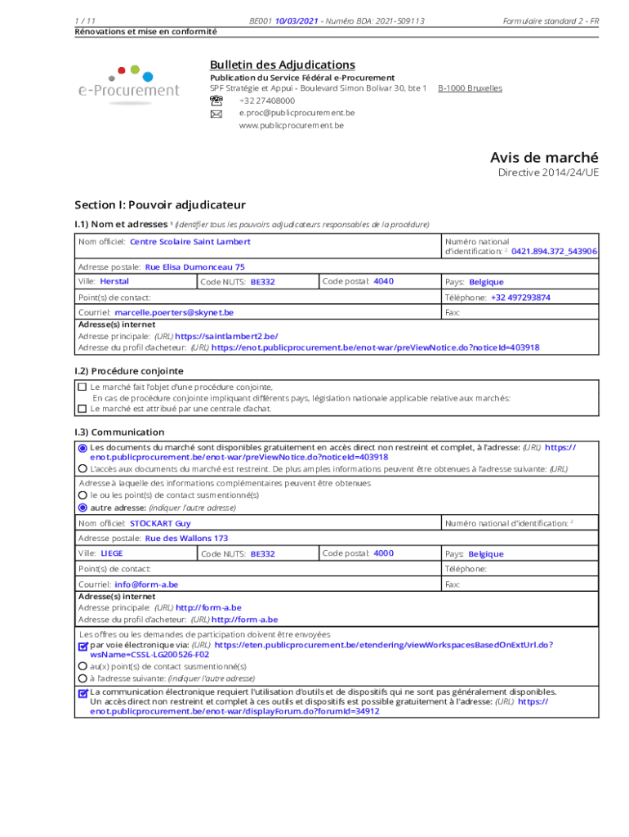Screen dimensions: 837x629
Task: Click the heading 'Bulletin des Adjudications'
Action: (x=282, y=65)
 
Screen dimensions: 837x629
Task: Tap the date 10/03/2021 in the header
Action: (x=297, y=20)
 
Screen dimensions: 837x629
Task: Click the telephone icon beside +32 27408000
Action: (x=216, y=101)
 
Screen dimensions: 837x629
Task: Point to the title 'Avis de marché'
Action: (x=543, y=157)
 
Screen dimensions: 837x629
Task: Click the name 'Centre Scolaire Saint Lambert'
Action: (x=190, y=242)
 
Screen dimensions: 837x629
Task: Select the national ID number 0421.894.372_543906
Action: (x=554, y=252)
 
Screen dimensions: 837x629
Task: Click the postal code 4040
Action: (x=383, y=281)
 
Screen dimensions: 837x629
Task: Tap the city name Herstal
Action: (x=114, y=281)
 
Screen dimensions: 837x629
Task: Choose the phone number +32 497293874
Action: (x=520, y=298)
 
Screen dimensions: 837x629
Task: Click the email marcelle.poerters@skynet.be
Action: (x=174, y=312)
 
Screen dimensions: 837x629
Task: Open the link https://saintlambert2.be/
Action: (x=226, y=336)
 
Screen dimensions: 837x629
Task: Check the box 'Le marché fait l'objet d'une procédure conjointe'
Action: (x=82, y=387)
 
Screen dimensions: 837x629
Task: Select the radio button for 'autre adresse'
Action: (x=82, y=507)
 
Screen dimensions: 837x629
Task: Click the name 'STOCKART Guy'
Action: (x=160, y=523)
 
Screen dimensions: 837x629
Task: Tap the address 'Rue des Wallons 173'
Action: (x=186, y=539)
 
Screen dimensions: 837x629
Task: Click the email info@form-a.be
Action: (x=146, y=584)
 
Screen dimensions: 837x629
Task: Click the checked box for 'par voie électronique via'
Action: (x=83, y=646)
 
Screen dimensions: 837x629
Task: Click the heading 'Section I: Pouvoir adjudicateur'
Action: (x=159, y=204)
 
